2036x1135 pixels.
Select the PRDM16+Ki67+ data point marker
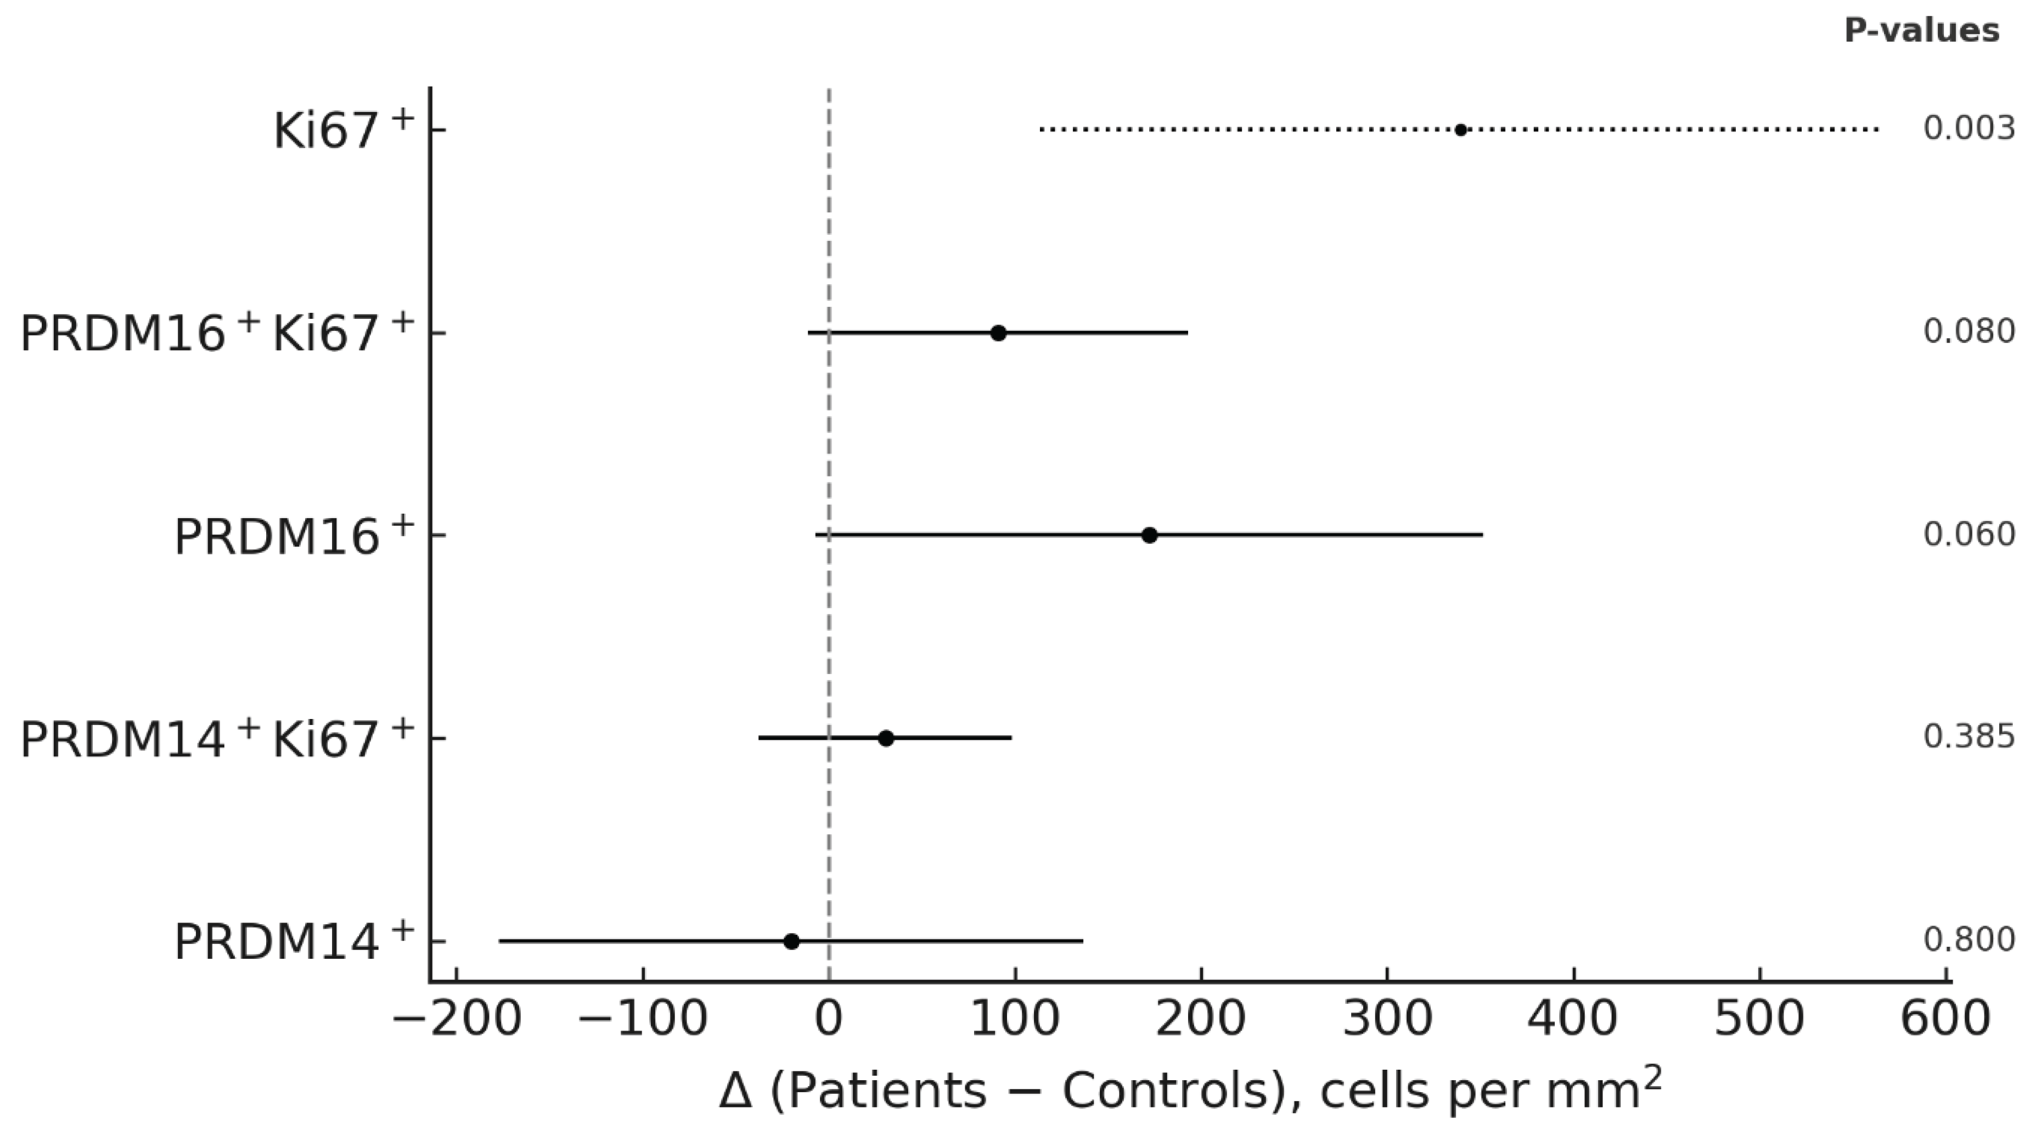click(998, 333)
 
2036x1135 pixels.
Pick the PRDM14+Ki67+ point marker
click(886, 738)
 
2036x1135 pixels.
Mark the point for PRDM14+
click(791, 941)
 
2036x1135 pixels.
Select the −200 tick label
click(457, 1020)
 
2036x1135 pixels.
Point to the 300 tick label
click(1388, 1020)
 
